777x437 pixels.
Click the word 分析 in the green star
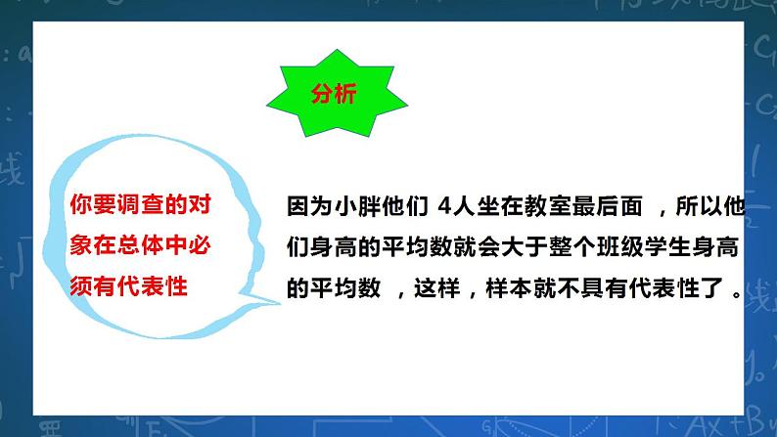(x=334, y=95)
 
